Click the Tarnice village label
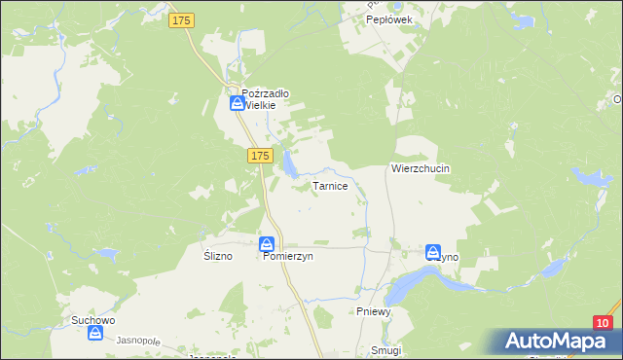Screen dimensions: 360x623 [330, 185]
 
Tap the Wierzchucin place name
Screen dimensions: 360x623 [421, 167]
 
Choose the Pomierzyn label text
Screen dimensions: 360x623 [288, 257]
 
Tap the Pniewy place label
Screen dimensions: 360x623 [373, 311]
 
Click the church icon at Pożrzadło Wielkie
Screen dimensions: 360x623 [237, 101]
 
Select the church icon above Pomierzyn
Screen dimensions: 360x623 [268, 244]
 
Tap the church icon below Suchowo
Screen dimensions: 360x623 [95, 334]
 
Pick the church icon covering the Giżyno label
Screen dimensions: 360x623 [433, 251]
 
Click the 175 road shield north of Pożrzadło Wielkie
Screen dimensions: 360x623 [181, 20]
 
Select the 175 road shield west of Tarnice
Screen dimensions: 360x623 [258, 156]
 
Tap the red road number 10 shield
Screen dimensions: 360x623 [604, 323]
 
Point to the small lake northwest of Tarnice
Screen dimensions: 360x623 [290, 169]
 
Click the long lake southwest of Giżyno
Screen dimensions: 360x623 [414, 285]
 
